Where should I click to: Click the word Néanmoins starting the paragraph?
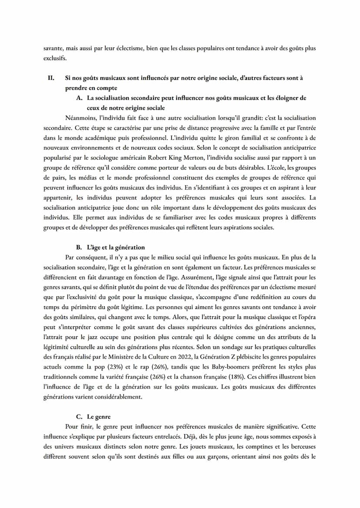[81, 118]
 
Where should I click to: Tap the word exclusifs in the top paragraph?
[55, 58]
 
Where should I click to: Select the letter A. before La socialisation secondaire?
[79, 98]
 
